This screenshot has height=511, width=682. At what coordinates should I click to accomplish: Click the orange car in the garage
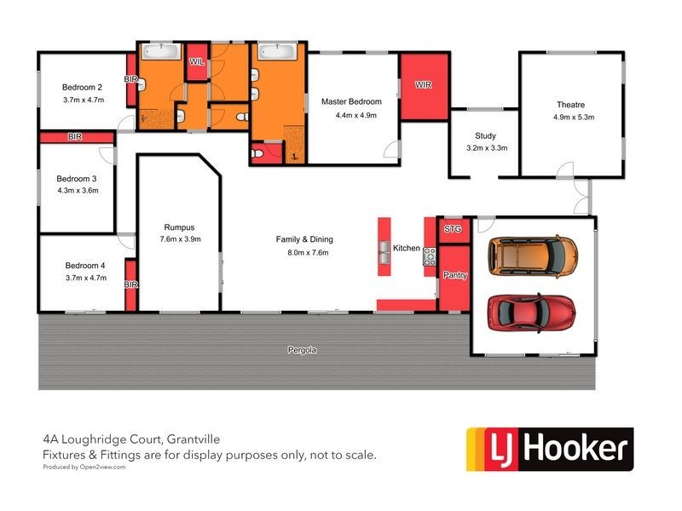(533, 256)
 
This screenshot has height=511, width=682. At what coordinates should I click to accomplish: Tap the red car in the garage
(531, 313)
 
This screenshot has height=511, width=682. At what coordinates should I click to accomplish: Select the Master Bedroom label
(351, 101)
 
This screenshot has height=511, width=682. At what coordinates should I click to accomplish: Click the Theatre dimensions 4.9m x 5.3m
(574, 117)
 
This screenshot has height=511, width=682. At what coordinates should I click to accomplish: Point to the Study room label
(485, 135)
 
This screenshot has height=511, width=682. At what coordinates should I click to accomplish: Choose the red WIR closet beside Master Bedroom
(424, 87)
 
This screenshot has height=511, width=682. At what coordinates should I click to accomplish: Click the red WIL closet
(197, 62)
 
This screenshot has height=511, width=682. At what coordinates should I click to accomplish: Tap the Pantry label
(455, 275)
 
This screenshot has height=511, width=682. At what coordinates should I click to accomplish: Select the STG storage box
(454, 229)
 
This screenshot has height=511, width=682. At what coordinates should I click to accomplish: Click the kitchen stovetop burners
(430, 257)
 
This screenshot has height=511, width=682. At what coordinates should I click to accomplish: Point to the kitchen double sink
(384, 252)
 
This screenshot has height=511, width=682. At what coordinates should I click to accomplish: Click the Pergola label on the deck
(303, 350)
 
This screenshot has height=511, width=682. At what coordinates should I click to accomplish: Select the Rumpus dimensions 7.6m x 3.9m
(181, 239)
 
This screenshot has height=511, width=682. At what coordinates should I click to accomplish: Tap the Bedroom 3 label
(77, 179)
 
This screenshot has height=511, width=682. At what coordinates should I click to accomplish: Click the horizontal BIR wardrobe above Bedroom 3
(77, 137)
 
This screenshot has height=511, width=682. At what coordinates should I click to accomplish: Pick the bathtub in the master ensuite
(277, 51)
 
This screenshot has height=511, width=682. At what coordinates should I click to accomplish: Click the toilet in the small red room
(257, 153)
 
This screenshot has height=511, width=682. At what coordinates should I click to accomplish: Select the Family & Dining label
(304, 239)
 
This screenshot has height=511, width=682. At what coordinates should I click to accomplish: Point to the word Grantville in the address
(194, 439)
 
